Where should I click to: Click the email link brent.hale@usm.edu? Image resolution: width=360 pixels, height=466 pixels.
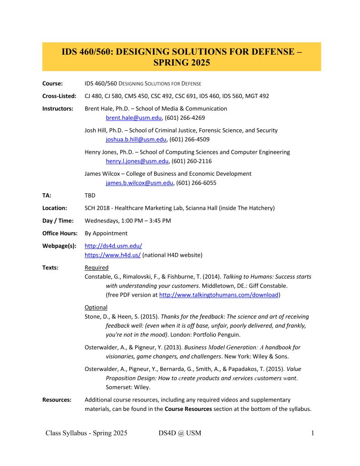[x=134, y=118]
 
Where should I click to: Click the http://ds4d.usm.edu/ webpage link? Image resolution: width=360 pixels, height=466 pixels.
[x=113, y=246]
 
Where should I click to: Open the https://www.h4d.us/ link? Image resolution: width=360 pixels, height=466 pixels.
[x=113, y=255]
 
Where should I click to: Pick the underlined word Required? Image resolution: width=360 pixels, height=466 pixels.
[x=96, y=268]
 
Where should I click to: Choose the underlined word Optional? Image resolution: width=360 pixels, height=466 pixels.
[x=96, y=308]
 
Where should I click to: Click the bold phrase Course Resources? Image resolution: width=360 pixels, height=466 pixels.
[x=188, y=409]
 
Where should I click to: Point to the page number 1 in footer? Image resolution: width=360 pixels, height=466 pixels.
[x=313, y=433]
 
